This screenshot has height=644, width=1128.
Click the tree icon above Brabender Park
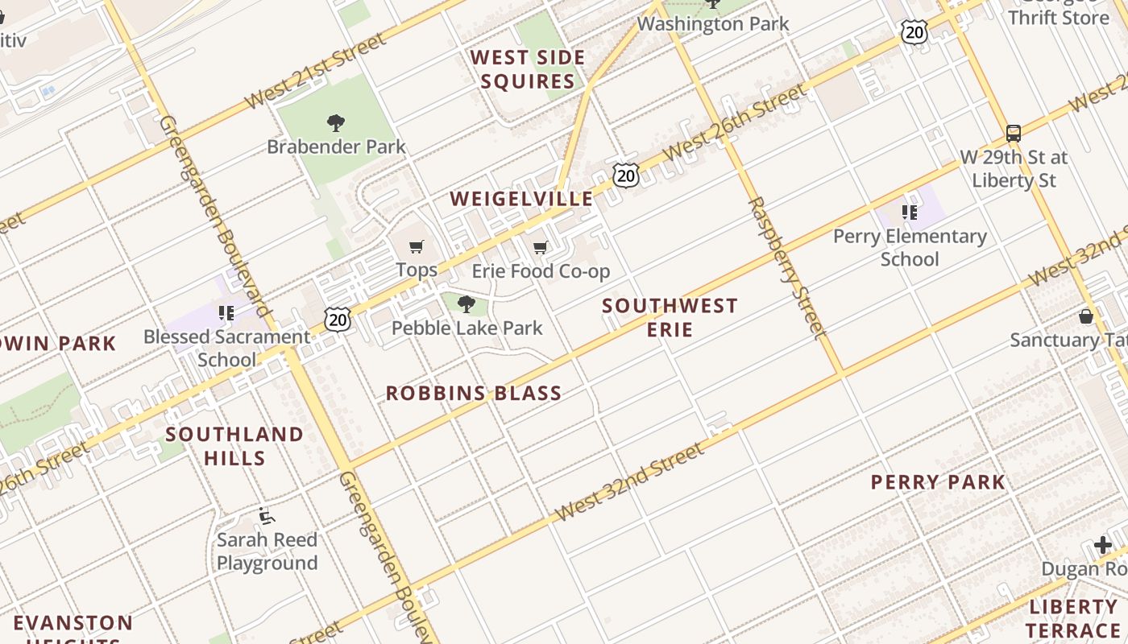click(x=336, y=123)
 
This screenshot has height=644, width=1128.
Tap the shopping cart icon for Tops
click(x=417, y=247)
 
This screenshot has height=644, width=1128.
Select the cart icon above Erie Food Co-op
click(x=541, y=247)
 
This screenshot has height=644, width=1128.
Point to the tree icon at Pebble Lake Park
click(x=466, y=303)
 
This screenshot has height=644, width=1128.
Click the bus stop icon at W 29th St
click(x=1014, y=133)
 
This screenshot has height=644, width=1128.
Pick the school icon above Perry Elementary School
click(x=910, y=213)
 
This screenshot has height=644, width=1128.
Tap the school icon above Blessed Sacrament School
click(x=226, y=312)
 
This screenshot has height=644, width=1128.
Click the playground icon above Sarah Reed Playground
click(x=267, y=517)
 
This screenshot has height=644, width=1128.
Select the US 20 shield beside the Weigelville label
click(x=625, y=175)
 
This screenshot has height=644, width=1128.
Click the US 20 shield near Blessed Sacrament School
click(x=338, y=320)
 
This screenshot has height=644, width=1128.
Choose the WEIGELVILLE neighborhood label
click(x=521, y=199)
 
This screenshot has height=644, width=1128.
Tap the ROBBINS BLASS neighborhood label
click(x=474, y=394)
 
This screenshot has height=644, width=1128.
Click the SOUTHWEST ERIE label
click(x=670, y=317)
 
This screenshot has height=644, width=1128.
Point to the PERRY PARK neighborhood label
click(x=938, y=482)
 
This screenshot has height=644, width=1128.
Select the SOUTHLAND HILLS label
click(x=234, y=446)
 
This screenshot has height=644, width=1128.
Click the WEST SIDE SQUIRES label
click(x=528, y=69)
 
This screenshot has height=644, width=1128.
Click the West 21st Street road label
click(x=316, y=72)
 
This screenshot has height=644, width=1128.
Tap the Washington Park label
click(x=713, y=24)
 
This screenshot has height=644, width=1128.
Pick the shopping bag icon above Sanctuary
click(x=1086, y=316)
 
